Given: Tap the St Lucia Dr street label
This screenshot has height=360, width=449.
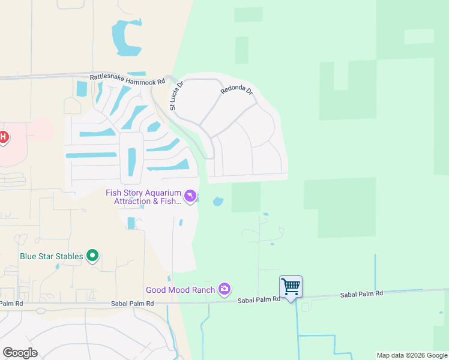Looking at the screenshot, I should [175, 95].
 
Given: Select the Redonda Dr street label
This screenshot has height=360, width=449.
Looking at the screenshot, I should [237, 91].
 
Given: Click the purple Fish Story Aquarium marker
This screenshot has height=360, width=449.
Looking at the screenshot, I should [190, 196].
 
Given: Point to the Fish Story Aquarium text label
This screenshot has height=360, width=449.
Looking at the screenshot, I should [143, 197].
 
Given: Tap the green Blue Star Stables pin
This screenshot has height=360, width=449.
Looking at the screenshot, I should [92, 256].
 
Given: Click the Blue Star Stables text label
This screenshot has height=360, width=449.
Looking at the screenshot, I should [51, 257].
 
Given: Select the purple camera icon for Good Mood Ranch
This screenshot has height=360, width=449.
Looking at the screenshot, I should [224, 290].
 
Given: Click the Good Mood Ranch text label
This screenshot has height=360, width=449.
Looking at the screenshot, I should [180, 290].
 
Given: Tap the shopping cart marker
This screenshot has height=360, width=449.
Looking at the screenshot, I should [291, 287].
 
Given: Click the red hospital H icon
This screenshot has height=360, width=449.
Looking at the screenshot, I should [3, 137].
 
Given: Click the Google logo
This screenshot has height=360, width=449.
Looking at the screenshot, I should [19, 353].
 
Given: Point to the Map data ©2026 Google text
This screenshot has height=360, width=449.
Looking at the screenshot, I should [411, 355].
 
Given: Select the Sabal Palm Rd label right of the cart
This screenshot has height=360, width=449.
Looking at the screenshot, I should [361, 295].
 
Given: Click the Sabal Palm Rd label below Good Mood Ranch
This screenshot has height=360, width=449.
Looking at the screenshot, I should [132, 304].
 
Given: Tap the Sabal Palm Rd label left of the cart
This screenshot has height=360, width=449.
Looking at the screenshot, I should [259, 299].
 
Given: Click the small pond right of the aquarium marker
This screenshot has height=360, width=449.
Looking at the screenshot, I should [218, 201].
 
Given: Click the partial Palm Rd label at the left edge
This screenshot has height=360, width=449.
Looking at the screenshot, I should [11, 304].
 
